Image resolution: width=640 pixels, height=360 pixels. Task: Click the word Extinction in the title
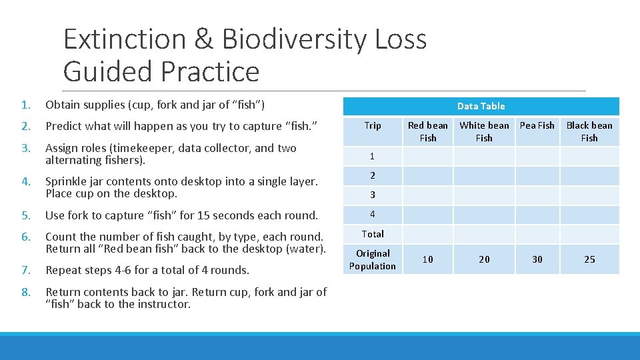coord(124,39)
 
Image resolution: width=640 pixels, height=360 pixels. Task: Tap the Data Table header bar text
coord(481,106)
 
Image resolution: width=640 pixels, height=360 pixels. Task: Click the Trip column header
coord(373,125)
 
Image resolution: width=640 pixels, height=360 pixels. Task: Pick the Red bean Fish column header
coord(428,131)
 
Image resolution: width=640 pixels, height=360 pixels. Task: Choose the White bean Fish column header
coord(484,131)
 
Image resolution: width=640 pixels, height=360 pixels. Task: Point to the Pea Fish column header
coord(537,125)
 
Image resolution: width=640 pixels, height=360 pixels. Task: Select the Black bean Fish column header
coord(589,131)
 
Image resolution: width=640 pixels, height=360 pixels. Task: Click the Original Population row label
coord(373,259)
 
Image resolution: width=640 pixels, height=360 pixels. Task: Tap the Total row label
coord(373,234)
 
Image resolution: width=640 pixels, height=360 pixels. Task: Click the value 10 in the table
coord(428,259)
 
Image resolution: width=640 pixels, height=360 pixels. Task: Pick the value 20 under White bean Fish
coord(484,259)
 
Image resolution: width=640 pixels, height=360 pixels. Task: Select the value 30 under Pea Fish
coord(537,259)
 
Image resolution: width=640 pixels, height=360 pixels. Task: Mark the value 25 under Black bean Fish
coord(589,259)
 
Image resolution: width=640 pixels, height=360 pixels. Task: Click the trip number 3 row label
coord(373,195)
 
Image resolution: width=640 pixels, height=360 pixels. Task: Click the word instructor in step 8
coord(163,304)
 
